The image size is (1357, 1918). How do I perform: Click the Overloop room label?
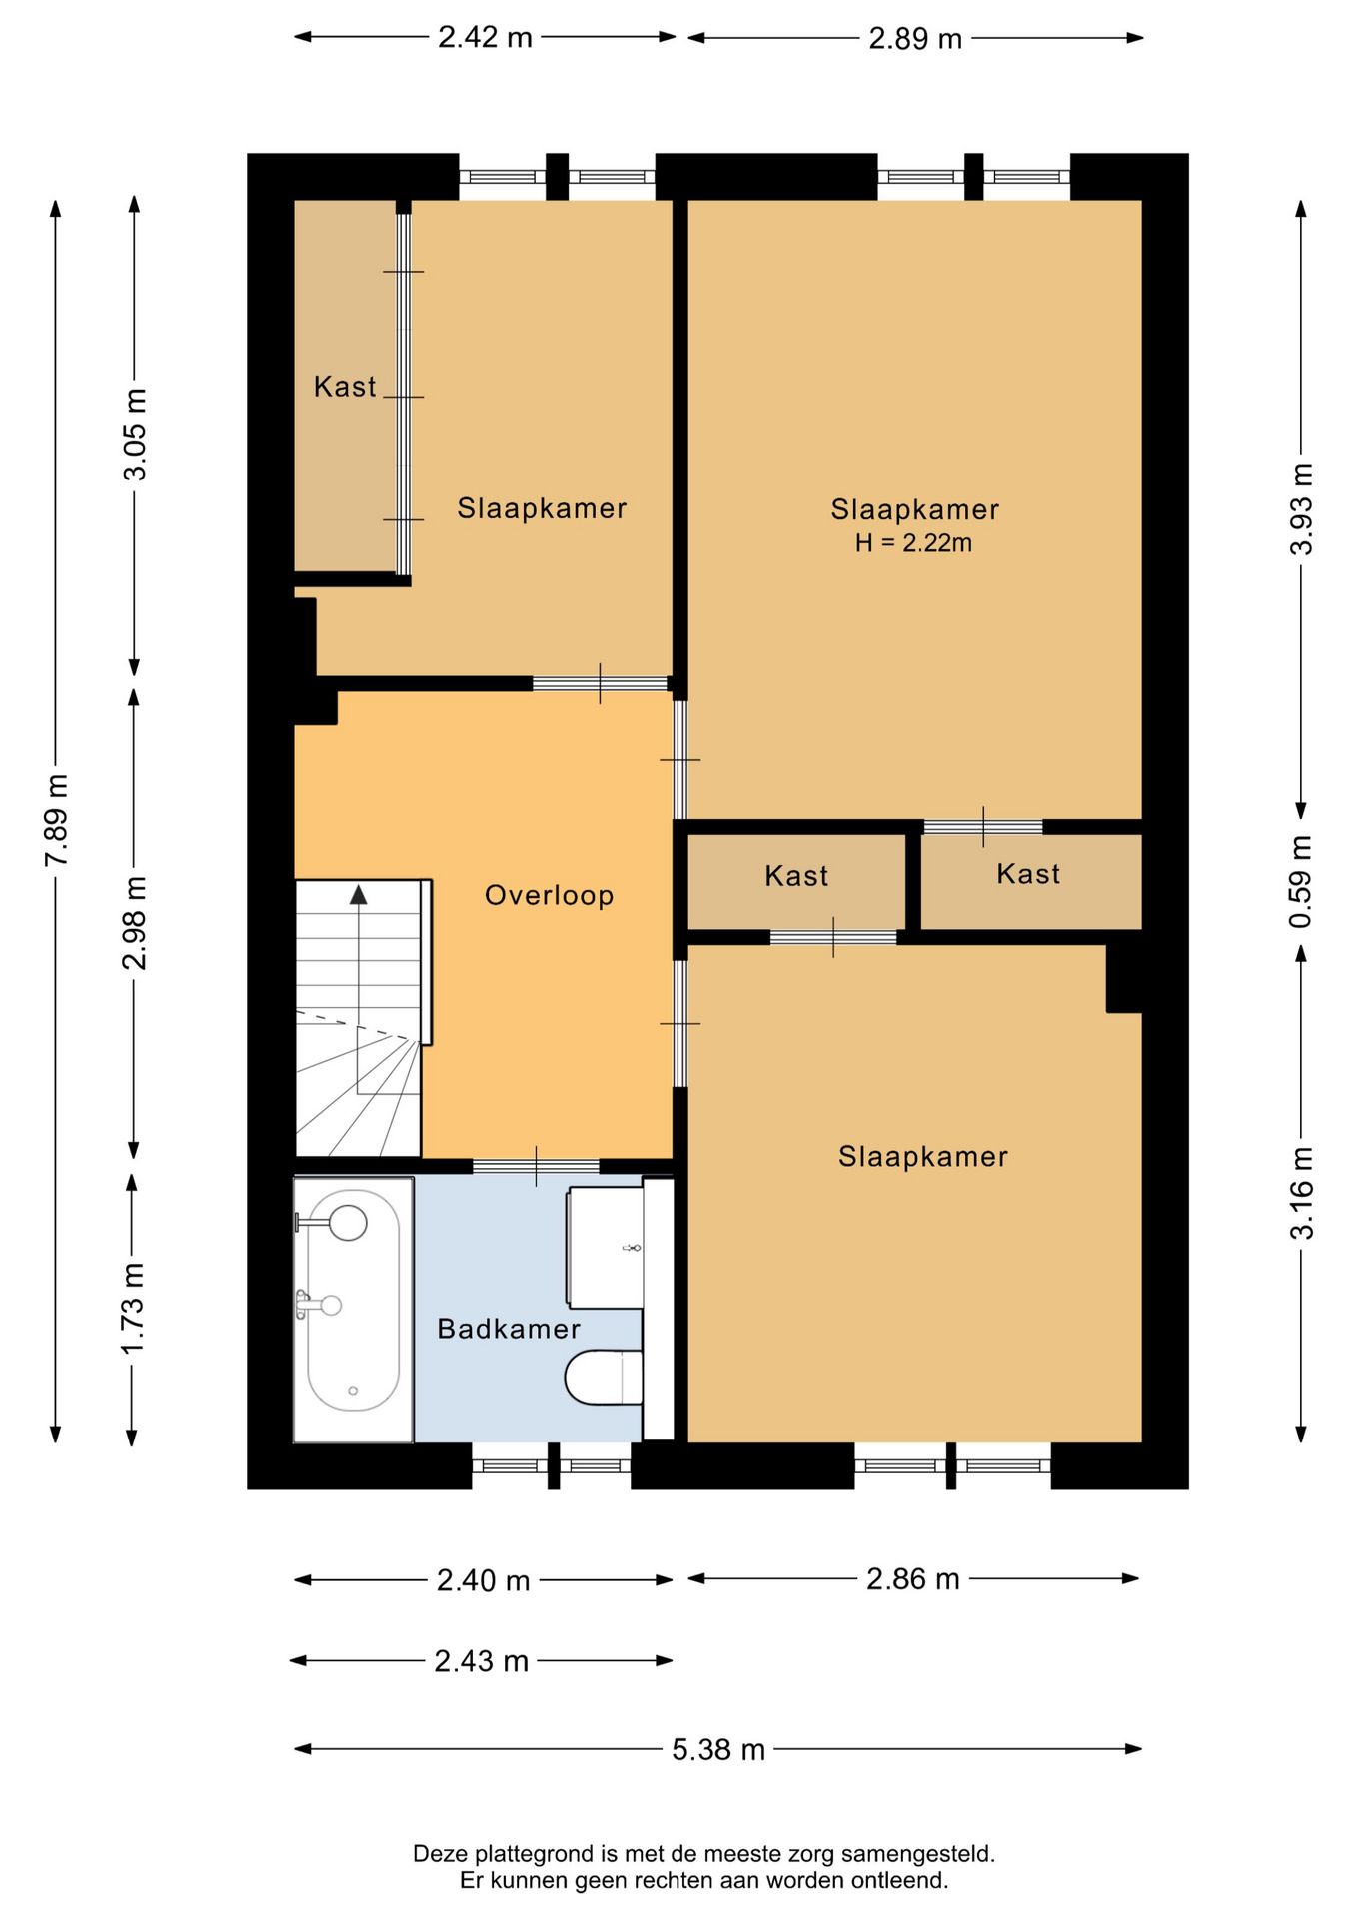click(549, 895)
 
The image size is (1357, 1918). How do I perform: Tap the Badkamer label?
click(509, 1329)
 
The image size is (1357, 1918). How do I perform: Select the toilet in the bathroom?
click(604, 1377)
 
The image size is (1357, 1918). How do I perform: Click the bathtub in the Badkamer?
click(353, 1310)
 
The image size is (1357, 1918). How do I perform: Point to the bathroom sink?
click(606, 1248)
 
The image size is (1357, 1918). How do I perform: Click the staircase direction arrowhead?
click(358, 894)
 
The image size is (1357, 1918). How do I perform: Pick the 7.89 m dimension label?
click(57, 820)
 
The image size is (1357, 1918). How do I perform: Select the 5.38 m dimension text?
click(718, 1749)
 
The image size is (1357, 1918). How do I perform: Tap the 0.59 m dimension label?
click(1300, 881)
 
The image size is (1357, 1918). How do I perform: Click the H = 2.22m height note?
click(913, 543)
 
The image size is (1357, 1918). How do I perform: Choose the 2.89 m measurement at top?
click(915, 38)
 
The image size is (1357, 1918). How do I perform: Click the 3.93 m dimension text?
click(1301, 509)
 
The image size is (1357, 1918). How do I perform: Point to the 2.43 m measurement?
click(481, 1661)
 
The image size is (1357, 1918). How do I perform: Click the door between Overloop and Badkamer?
click(536, 1166)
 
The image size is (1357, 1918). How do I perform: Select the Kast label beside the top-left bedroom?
click(345, 387)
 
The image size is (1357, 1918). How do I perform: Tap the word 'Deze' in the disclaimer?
click(441, 1854)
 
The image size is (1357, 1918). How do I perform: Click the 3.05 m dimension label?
click(135, 434)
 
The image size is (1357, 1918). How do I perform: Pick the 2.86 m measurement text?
click(913, 1579)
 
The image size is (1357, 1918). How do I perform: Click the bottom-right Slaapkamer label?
click(923, 1157)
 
